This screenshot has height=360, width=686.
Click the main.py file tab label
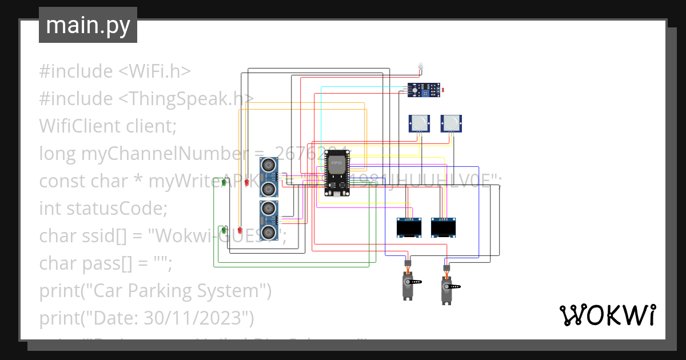click(87, 25)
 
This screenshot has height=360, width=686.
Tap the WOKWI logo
click(607, 315)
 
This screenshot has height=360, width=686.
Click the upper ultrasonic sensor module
click(268, 177)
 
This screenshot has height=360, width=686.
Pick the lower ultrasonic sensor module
click(268, 220)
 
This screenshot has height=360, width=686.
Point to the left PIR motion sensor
click(419, 123)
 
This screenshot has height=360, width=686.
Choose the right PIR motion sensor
click(451, 123)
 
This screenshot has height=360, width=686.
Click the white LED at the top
click(421, 66)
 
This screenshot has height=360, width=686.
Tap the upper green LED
click(225, 182)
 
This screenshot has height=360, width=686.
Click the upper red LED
click(247, 182)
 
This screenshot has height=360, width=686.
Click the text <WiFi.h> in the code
click(154, 71)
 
